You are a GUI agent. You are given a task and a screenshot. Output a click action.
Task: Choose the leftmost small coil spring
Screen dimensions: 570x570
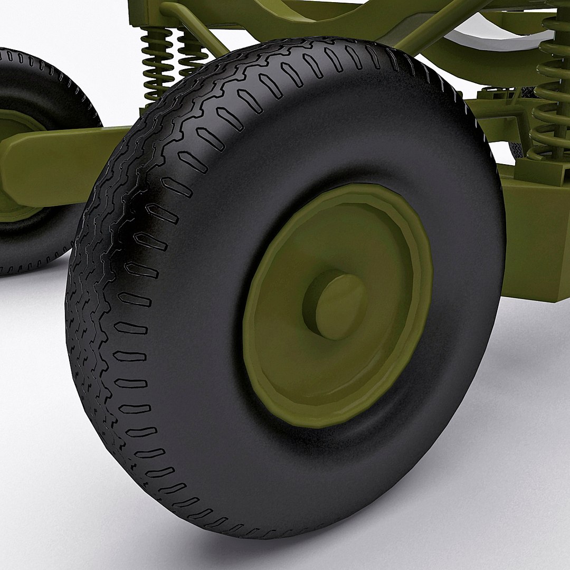tap(157, 63)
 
